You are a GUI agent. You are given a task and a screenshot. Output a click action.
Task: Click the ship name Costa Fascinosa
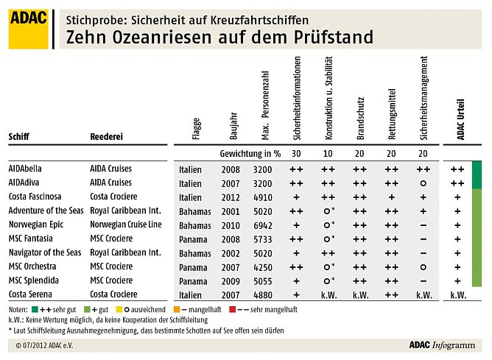point(35,197)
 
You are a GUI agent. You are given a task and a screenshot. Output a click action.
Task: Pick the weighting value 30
point(296,155)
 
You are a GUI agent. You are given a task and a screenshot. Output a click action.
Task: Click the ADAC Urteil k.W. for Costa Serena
point(457,294)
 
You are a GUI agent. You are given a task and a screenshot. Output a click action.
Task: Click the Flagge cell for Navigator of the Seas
point(193,253)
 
